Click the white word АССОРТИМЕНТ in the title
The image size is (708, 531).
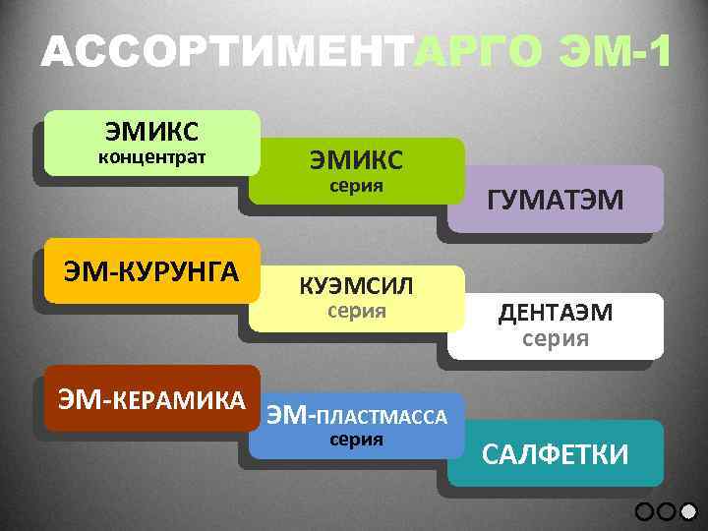click(226, 51)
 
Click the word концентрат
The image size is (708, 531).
click(151, 157)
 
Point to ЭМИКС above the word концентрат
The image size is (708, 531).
click(151, 131)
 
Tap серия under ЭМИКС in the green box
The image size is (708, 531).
click(355, 185)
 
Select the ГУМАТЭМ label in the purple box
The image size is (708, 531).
click(556, 201)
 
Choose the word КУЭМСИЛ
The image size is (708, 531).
click(355, 286)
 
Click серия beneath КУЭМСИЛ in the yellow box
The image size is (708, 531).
click(355, 312)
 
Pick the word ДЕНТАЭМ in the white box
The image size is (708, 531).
click(556, 313)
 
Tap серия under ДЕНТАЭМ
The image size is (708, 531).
click(556, 339)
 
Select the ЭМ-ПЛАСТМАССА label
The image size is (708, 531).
click(357, 415)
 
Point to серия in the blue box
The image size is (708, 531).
click(355, 440)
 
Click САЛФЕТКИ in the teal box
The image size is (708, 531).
click(556, 453)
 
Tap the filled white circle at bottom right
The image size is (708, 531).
click(688, 510)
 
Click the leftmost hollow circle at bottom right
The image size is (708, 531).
click(645, 510)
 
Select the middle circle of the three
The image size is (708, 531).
click(667, 510)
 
